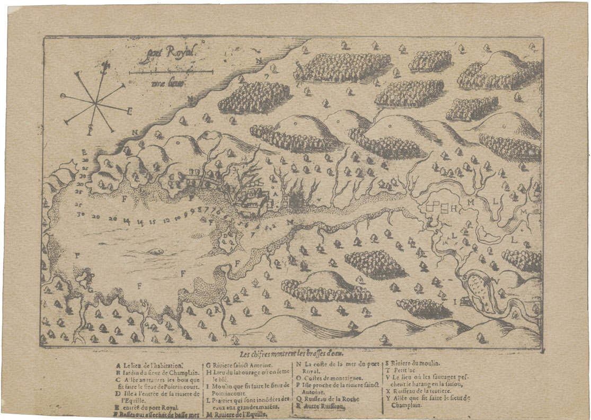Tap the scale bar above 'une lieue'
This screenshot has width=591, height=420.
tap(171, 72)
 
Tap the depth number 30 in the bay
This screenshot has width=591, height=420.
tap(81, 216)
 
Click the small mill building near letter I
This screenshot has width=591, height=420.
tap(466, 301)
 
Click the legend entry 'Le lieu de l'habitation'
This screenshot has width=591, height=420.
tap(153, 365)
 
